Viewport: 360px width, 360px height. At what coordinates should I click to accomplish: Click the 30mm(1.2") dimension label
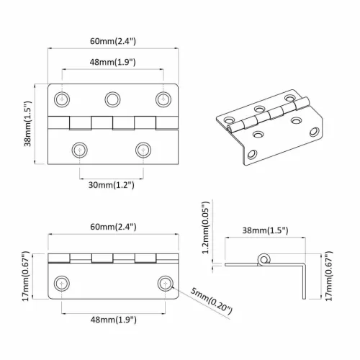click(112, 185)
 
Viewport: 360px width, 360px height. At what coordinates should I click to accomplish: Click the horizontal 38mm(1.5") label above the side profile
click(265, 230)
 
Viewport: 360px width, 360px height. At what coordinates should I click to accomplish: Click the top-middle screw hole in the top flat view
click(112, 98)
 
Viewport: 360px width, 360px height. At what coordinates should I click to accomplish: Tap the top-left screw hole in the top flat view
click(65, 98)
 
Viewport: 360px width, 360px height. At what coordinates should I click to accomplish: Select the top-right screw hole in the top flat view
click(161, 98)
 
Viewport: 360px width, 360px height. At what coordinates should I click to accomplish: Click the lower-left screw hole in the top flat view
click(78, 149)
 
